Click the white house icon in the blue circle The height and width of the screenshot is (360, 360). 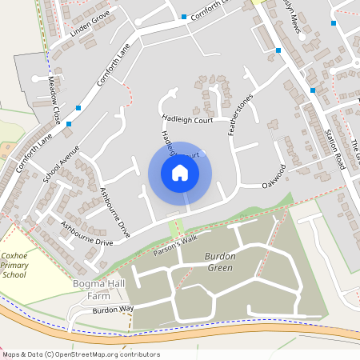coord(180,172)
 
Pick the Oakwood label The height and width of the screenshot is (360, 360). coord(274,177)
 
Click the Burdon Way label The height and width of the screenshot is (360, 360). coord(112,309)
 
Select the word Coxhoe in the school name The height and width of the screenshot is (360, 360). coord(14,254)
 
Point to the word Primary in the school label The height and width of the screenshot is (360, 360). coord(14,264)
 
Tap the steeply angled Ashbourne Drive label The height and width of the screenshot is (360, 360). coord(114,212)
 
